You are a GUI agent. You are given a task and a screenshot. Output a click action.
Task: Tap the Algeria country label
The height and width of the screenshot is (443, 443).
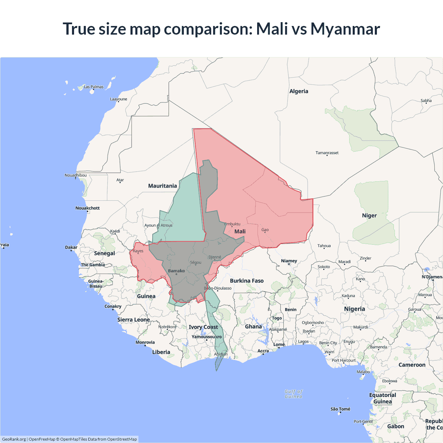pos(299,91)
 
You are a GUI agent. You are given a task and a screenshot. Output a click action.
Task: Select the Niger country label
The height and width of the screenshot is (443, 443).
pos(369,216)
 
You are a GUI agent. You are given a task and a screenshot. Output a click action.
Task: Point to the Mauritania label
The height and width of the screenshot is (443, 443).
pos(162,186)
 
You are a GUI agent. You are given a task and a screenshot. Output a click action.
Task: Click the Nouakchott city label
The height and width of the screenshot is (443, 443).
pos(88,208)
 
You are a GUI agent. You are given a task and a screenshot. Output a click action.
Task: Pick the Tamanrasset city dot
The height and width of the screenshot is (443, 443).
pos(327,155)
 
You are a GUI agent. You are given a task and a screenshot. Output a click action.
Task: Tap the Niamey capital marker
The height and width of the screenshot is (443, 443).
pos(289,264)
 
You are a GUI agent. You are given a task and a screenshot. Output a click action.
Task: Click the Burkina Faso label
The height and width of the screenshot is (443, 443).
pos(247,281)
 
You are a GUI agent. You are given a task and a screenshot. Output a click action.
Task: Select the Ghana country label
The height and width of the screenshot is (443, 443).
pos(253,326)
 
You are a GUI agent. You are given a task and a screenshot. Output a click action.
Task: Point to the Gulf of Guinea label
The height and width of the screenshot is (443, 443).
pos(293,394)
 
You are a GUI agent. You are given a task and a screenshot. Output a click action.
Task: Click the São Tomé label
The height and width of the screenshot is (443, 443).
pos(340,409)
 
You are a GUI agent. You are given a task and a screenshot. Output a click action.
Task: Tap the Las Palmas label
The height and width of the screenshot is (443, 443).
pos(93,87)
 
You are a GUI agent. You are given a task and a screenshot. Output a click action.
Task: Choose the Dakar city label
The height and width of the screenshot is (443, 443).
pos(71,247)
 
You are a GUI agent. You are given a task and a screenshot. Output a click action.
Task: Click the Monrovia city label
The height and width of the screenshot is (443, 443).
pos(145,342)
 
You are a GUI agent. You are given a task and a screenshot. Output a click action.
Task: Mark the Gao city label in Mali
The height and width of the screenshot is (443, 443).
pos(265,230)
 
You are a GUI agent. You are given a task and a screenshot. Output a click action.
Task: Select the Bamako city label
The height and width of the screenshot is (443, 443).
pos(177,271)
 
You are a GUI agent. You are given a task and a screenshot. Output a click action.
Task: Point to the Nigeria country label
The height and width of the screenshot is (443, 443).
pos(354,309)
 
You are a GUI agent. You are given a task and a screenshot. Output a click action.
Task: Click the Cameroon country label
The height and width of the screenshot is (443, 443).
pos(412,365)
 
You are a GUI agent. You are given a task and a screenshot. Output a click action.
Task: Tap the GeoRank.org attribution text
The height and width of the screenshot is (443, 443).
pos(14,439)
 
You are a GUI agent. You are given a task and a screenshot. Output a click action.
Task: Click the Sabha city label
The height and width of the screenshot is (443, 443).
pos(426,101)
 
